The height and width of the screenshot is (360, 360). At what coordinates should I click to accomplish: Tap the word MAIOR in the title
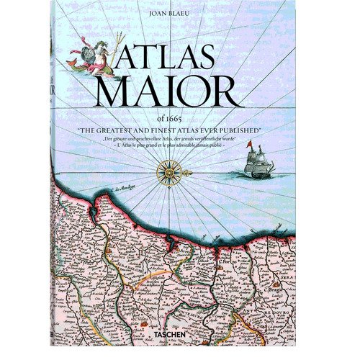[x=180, y=92]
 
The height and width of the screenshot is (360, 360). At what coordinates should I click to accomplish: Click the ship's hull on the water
[x=257, y=173]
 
